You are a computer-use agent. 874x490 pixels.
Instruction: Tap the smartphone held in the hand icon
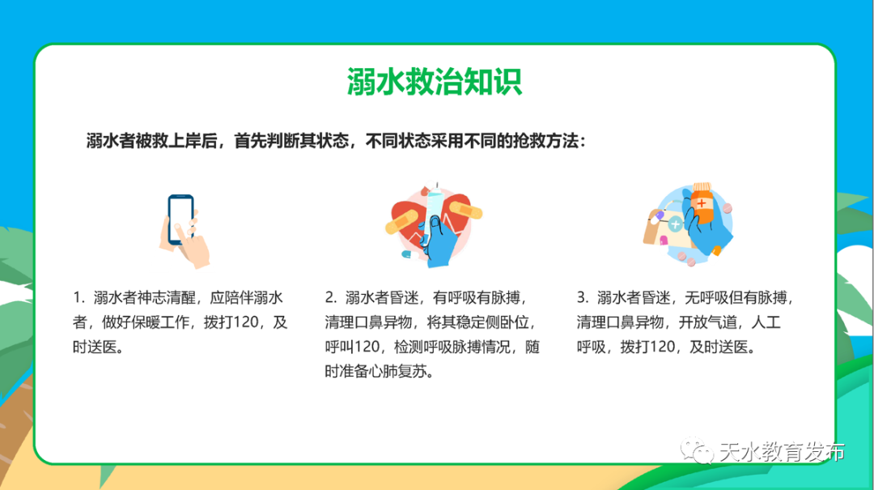coord(180,219)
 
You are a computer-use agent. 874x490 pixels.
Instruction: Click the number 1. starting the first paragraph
coord(78,297)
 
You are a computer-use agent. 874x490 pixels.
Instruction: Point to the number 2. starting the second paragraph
coord(330,297)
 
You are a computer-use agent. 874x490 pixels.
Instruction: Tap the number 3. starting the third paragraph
coord(583,297)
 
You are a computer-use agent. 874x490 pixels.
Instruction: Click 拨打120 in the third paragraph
coord(649,347)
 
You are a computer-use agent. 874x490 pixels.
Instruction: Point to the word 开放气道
coord(713,322)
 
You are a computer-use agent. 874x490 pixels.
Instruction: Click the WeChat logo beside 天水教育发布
coord(695,450)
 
